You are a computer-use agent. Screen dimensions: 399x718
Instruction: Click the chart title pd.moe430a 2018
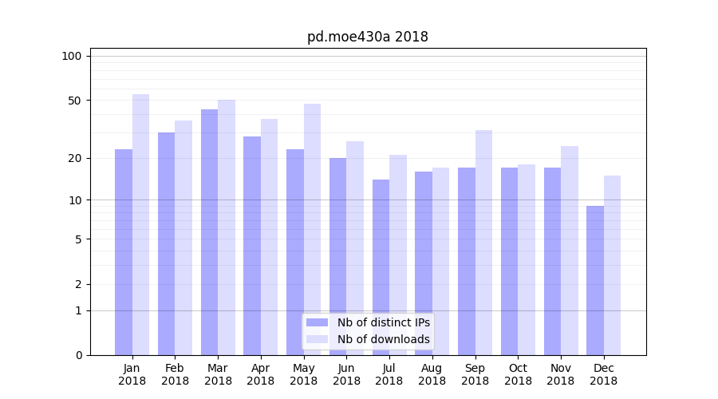coord(367,37)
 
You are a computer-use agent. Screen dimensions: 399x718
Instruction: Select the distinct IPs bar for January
coord(124,251)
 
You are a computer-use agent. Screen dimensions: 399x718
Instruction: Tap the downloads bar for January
coord(141,223)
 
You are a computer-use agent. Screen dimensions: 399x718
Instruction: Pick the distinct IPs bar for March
coord(209,231)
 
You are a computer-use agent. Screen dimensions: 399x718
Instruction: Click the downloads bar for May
coord(313,229)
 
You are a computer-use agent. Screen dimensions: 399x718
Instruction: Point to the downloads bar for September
coord(484,242)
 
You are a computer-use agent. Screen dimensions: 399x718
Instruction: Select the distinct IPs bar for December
coord(595,279)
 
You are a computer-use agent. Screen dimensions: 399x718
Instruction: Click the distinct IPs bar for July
coord(381,267)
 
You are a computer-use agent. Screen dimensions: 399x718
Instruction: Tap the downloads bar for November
coord(570,250)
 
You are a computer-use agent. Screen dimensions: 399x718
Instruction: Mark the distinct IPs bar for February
coord(166,243)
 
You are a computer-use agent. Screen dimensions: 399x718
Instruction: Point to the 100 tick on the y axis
coord(72,56)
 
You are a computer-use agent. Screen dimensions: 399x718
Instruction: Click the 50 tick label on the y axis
coord(74,101)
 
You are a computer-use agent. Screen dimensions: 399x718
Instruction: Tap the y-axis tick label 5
coord(77,239)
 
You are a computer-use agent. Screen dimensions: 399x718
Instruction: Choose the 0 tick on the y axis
coord(77,355)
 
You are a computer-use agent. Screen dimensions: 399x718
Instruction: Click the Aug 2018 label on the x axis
coord(432,374)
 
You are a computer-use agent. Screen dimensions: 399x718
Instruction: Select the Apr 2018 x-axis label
coord(261,374)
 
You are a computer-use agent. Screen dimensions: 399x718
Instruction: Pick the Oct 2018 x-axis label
coord(518,374)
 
